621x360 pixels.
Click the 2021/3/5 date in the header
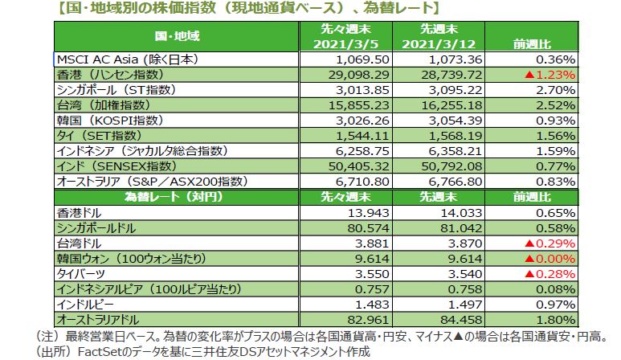point(343,43)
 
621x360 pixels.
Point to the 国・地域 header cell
point(177,36)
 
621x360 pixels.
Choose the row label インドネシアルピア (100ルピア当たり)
point(149,288)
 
